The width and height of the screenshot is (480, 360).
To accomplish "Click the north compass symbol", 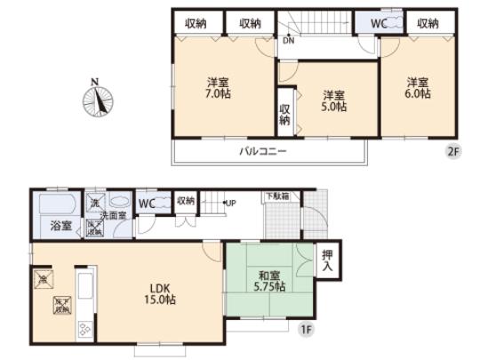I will (x=100, y=98).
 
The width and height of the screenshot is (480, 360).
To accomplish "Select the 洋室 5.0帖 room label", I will (x=334, y=99).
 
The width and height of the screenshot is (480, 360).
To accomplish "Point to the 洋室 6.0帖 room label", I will (x=415, y=87).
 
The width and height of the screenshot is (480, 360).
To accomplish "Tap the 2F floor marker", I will (x=453, y=151).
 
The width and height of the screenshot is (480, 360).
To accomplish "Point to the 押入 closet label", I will (x=327, y=259).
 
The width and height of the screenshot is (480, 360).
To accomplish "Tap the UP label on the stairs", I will (x=229, y=202).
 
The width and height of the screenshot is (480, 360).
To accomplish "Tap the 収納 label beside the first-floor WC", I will (x=185, y=201).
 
